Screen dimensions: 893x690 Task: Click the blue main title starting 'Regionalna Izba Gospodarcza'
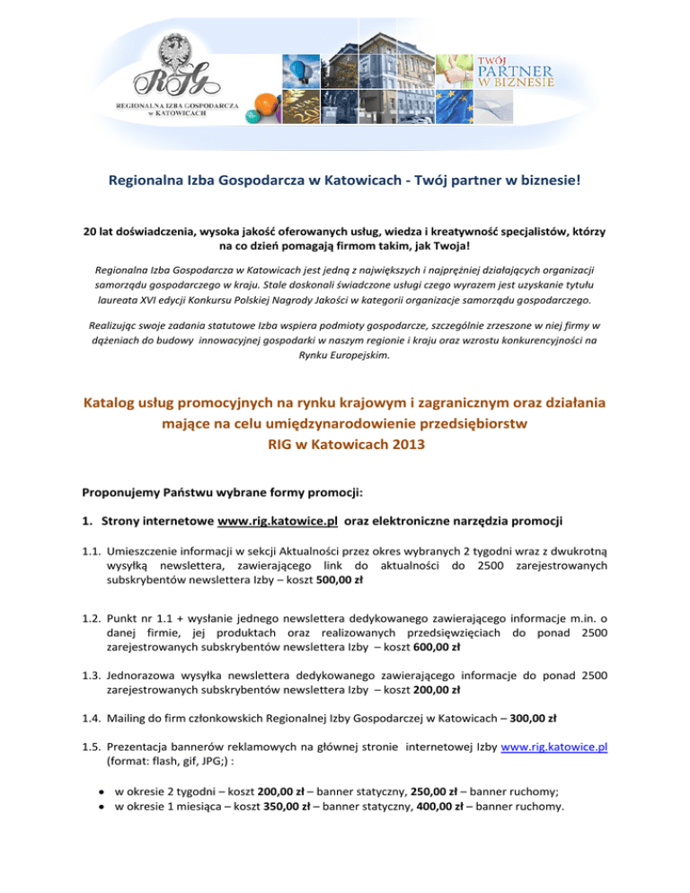tap(345, 181)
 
